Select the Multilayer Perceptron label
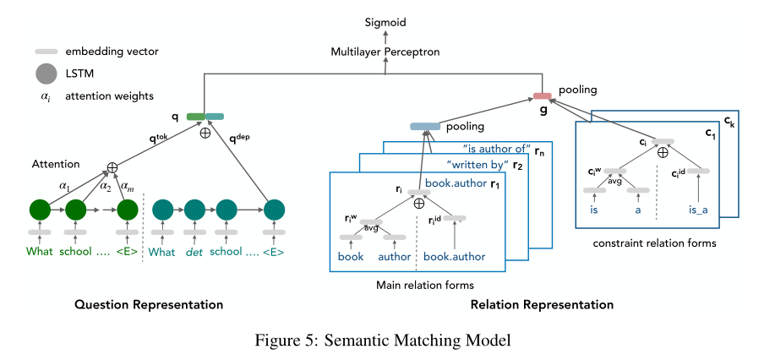coord(385,52)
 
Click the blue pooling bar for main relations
coord(425,127)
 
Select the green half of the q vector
coord(195,117)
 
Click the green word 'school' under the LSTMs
coord(77,251)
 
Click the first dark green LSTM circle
coord(40,209)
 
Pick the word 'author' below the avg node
coord(394,256)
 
